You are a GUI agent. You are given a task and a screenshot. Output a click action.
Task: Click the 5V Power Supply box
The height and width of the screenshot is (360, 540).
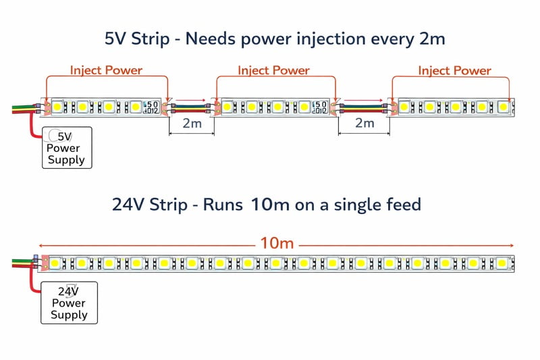pos(67,148)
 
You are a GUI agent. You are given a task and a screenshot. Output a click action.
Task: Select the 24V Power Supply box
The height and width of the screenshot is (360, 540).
pos(70,303)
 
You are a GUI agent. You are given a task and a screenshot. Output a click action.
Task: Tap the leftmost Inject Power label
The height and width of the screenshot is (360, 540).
pos(106,70)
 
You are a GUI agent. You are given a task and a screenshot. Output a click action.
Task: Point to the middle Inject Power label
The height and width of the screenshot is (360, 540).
pos(273,70)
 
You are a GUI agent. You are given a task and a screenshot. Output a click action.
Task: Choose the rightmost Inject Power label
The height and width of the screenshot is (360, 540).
pos(454,70)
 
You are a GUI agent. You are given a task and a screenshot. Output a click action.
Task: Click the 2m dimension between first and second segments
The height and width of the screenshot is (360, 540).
pos(192,123)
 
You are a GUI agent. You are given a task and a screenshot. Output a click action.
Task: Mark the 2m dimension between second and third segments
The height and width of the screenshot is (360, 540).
pos(364,123)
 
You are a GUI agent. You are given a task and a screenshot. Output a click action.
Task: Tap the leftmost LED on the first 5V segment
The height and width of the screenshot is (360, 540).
pos(59,107)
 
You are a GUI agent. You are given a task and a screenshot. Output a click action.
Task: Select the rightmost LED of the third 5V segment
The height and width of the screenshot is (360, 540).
pos(503,107)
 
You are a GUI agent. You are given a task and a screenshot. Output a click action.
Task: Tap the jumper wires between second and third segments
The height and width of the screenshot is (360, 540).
pos(364,107)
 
